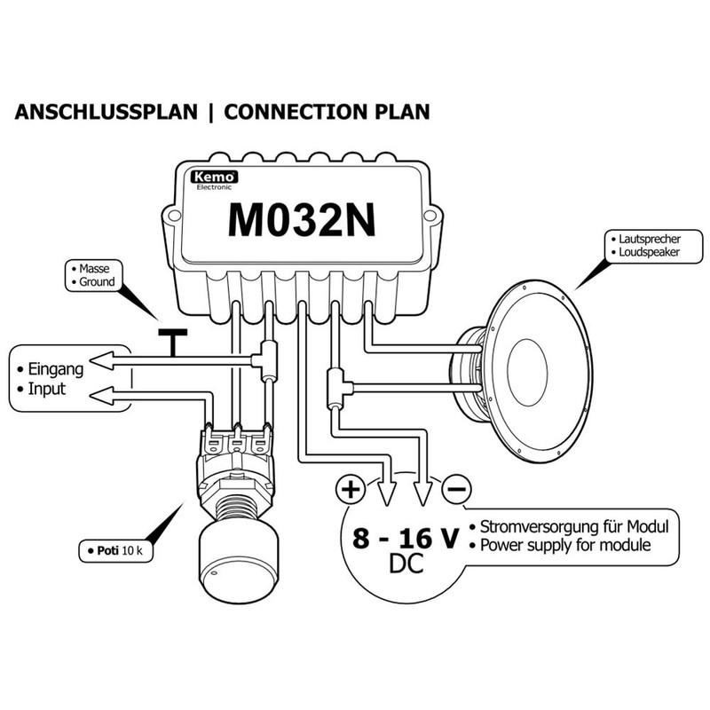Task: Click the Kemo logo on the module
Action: [x=214, y=177]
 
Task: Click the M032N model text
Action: [x=302, y=220]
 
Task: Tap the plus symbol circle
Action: [x=351, y=489]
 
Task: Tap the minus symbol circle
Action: [x=456, y=489]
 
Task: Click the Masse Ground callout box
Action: [x=94, y=275]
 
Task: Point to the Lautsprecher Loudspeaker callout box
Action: [x=654, y=246]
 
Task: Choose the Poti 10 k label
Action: [x=116, y=550]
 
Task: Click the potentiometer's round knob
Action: [x=238, y=562]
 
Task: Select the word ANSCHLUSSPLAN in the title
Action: [x=106, y=112]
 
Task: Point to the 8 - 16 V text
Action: [x=406, y=538]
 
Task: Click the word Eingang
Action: [x=56, y=369]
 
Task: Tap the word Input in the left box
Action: [x=47, y=389]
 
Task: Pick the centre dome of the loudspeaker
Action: [x=527, y=372]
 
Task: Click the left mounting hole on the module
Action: [x=173, y=216]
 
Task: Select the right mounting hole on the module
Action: [x=430, y=216]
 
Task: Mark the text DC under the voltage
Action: [x=406, y=564]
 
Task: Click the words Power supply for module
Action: [x=565, y=545]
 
